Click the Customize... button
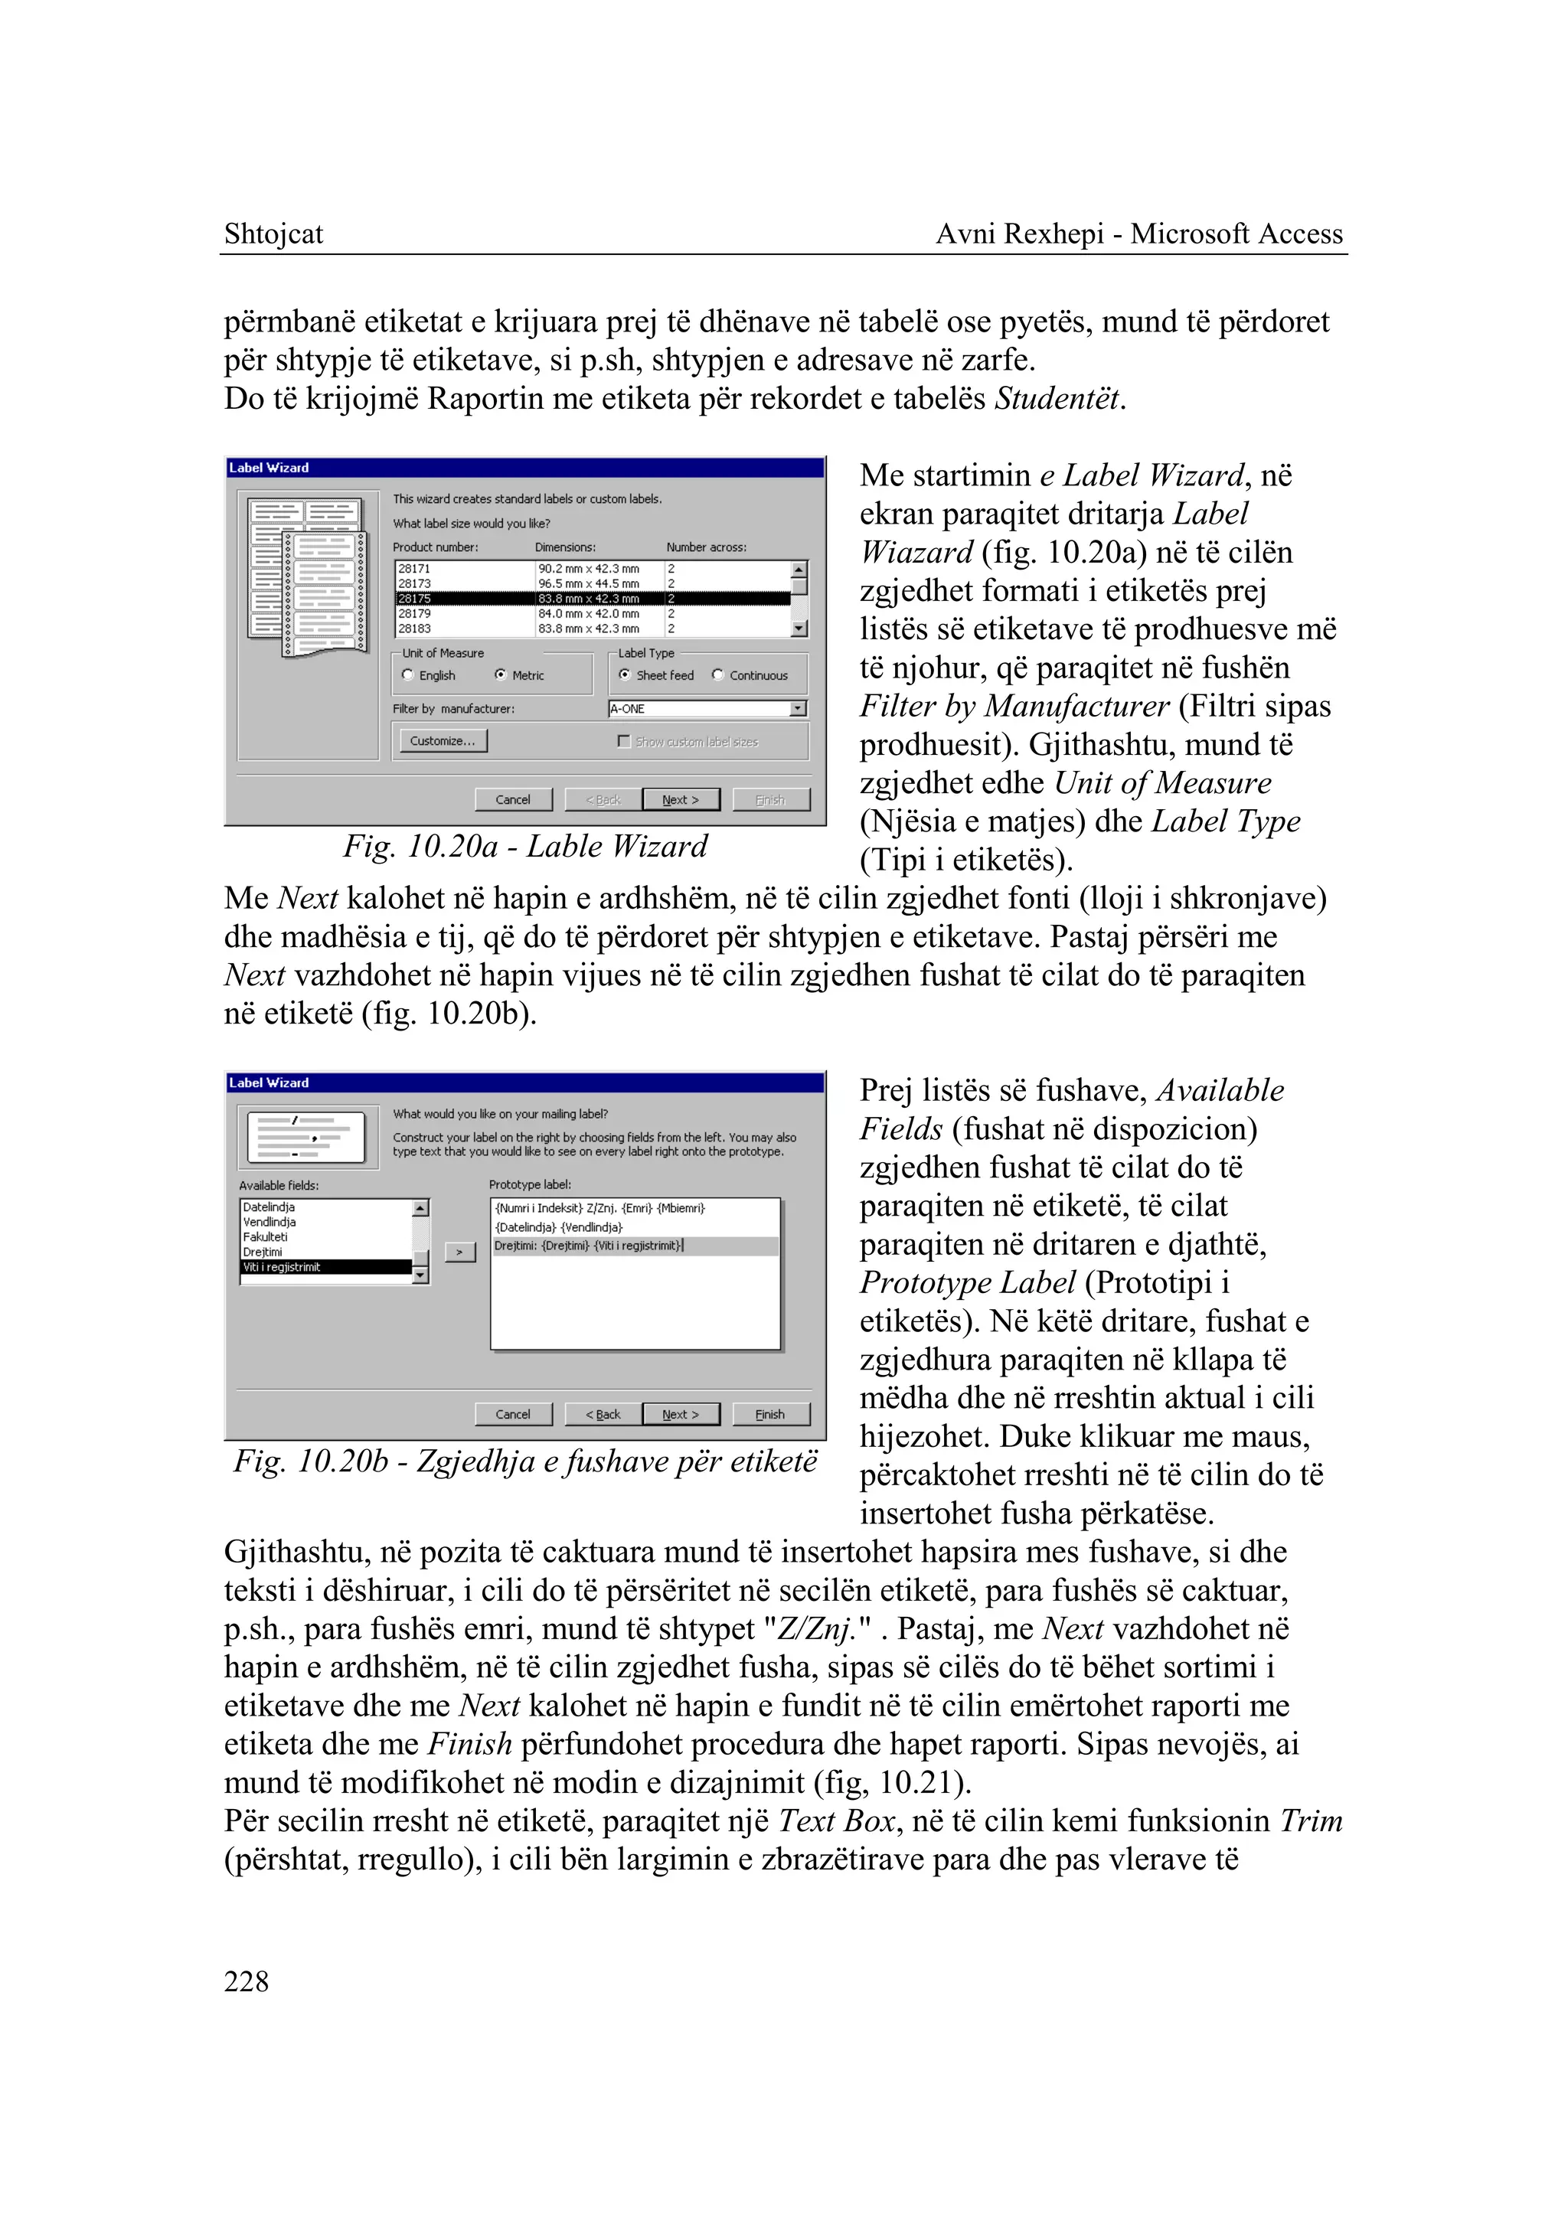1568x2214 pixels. pos(443,740)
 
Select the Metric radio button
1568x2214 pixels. pos(500,675)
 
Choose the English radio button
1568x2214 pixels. pos(407,675)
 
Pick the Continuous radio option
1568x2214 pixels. pos(717,675)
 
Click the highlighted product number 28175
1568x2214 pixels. pos(415,599)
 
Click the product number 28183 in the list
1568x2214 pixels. pos(415,629)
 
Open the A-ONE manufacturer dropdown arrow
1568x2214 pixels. pos(798,709)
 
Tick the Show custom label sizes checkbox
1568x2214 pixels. pos(624,742)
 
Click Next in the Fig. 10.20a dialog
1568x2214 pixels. pos(681,799)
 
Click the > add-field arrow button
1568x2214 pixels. pos(459,1252)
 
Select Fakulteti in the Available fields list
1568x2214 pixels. pos(266,1237)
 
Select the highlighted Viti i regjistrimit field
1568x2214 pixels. pos(282,1267)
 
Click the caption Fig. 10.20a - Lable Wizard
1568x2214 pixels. pos(525,847)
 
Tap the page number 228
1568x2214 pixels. pos(247,1981)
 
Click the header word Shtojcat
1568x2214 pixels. pos(273,233)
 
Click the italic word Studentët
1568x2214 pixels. pos(1058,399)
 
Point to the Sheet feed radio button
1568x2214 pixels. pos(625,675)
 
